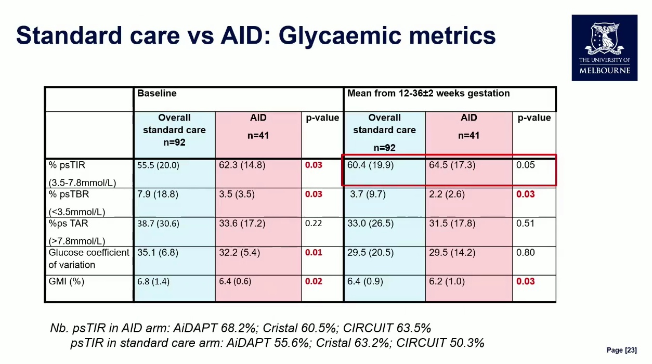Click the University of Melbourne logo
click(x=604, y=48)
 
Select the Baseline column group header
click(x=157, y=94)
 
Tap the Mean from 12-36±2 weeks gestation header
click(x=428, y=94)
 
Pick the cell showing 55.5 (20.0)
click(x=158, y=165)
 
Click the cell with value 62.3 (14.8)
click(x=242, y=165)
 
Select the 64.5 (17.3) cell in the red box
click(x=452, y=165)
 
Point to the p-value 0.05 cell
click(x=525, y=165)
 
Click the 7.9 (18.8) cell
click(x=158, y=194)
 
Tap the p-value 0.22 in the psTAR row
click(x=314, y=224)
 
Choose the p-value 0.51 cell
click(x=525, y=224)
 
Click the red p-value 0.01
click(x=314, y=253)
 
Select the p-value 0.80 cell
click(x=525, y=253)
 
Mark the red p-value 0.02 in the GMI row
click(x=314, y=282)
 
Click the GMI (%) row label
click(x=67, y=282)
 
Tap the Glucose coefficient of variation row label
click(x=89, y=258)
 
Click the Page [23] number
click(x=621, y=350)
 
